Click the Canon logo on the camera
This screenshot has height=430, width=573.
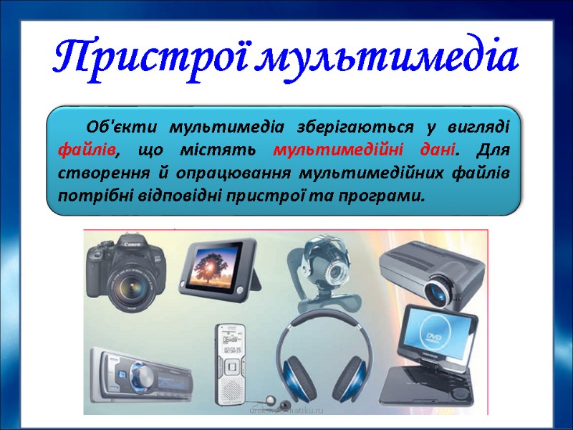130,245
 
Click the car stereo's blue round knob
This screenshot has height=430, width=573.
140,374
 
